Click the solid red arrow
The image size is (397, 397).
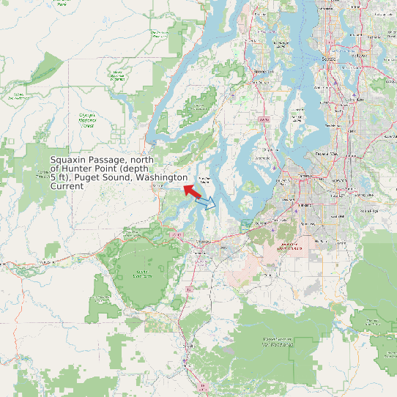point(192,192)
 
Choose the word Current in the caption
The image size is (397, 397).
point(67,187)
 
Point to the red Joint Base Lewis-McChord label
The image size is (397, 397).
point(289,246)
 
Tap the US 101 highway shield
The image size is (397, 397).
point(177,234)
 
